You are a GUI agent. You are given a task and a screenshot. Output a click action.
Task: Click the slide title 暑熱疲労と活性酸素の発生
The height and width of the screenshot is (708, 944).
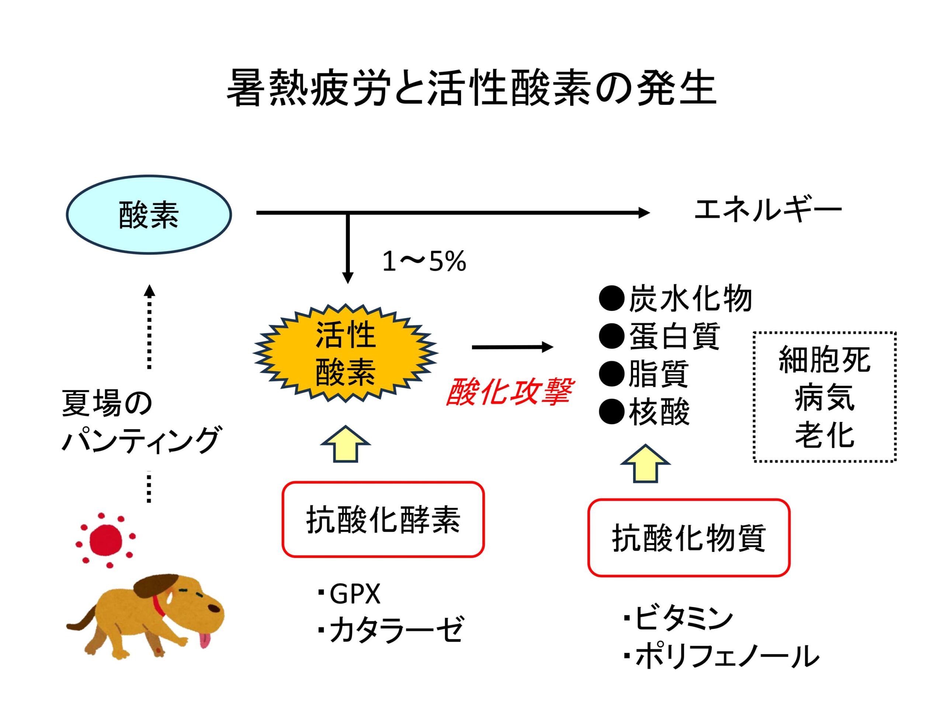coord(472,88)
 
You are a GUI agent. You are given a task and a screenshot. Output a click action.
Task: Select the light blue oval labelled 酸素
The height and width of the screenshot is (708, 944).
coord(149,214)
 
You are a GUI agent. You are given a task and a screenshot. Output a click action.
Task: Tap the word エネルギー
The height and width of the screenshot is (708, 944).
coord(768,211)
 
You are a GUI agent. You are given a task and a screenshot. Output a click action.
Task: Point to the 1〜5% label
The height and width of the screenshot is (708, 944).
coord(424,261)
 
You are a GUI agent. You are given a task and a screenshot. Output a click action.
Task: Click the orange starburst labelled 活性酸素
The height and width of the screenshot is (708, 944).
coord(346,353)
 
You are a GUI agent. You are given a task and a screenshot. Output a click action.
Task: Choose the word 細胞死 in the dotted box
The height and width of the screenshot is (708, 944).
coord(825,360)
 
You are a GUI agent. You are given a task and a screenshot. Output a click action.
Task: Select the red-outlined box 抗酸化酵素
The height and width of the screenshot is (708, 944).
coord(383,519)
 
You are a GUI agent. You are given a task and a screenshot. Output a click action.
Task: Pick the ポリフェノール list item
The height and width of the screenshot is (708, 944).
coord(721,656)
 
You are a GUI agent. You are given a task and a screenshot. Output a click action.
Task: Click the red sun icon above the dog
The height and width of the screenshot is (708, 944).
coord(105,540)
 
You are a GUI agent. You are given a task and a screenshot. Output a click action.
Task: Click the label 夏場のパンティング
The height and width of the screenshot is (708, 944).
coord(141,421)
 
